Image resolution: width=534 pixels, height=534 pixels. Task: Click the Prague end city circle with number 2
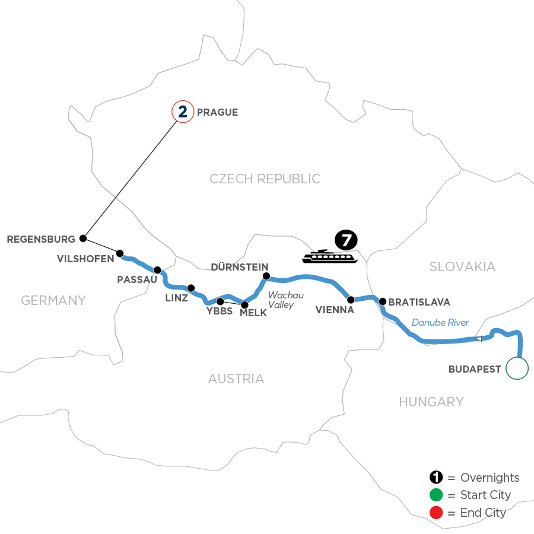click(182, 112)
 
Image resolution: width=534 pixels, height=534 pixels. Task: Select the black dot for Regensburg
click(83, 239)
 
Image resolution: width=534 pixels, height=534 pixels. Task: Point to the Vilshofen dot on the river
click(120, 253)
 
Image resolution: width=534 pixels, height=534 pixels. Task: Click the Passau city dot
click(157, 269)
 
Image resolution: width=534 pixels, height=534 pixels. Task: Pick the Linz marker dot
click(191, 288)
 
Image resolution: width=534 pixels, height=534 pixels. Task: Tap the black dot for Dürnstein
click(266, 276)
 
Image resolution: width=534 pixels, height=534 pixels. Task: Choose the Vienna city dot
click(351, 300)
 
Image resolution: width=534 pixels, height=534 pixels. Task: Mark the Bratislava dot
click(383, 301)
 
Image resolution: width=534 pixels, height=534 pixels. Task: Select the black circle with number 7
click(345, 240)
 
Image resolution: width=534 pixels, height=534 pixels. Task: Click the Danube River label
click(440, 323)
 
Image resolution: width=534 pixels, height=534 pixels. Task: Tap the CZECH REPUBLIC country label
click(265, 179)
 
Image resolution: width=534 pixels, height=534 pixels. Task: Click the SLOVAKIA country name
click(462, 267)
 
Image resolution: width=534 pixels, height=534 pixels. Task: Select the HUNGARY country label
click(431, 402)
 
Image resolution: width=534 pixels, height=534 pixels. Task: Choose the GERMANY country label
click(53, 300)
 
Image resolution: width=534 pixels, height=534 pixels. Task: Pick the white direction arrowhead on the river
click(478, 339)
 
